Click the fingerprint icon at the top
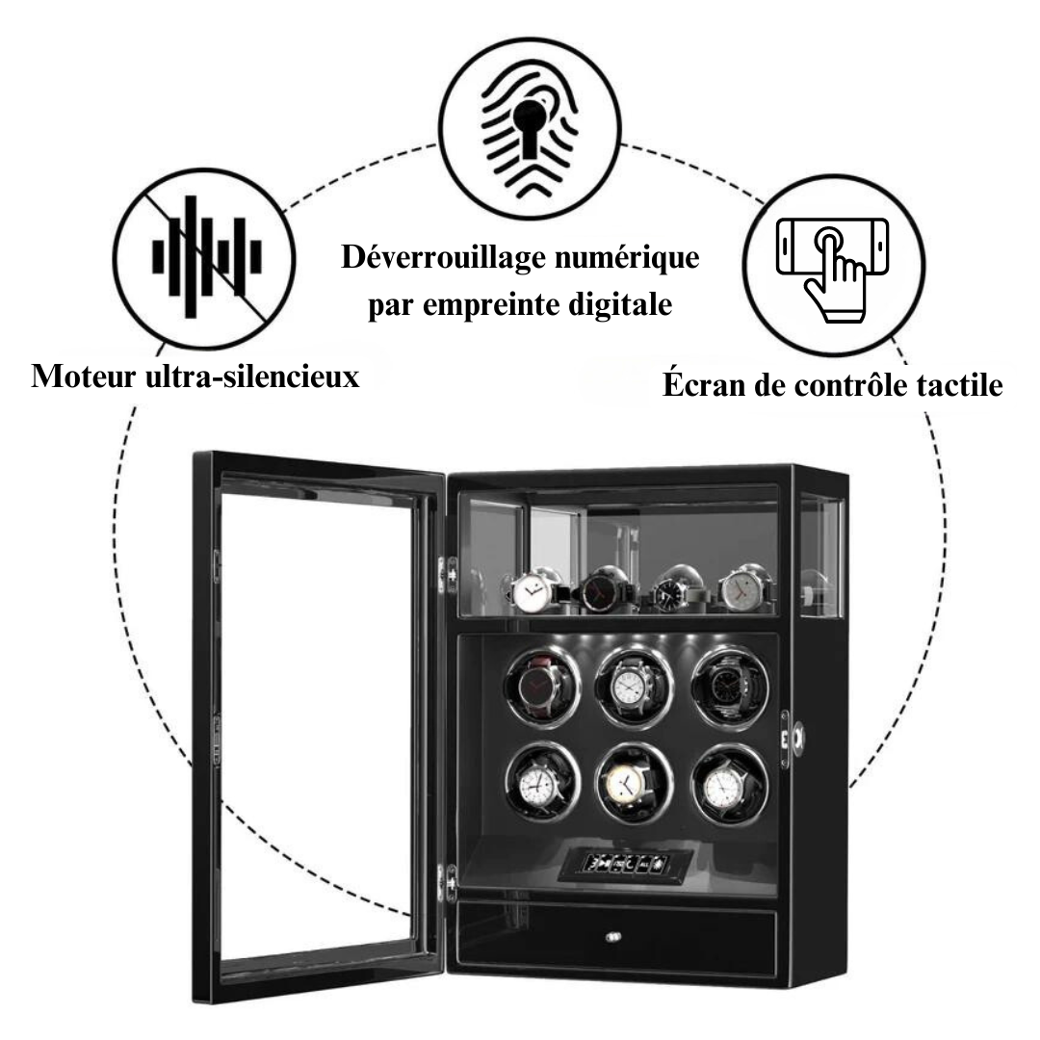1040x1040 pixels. point(528,134)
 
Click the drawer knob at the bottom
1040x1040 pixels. point(612,934)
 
